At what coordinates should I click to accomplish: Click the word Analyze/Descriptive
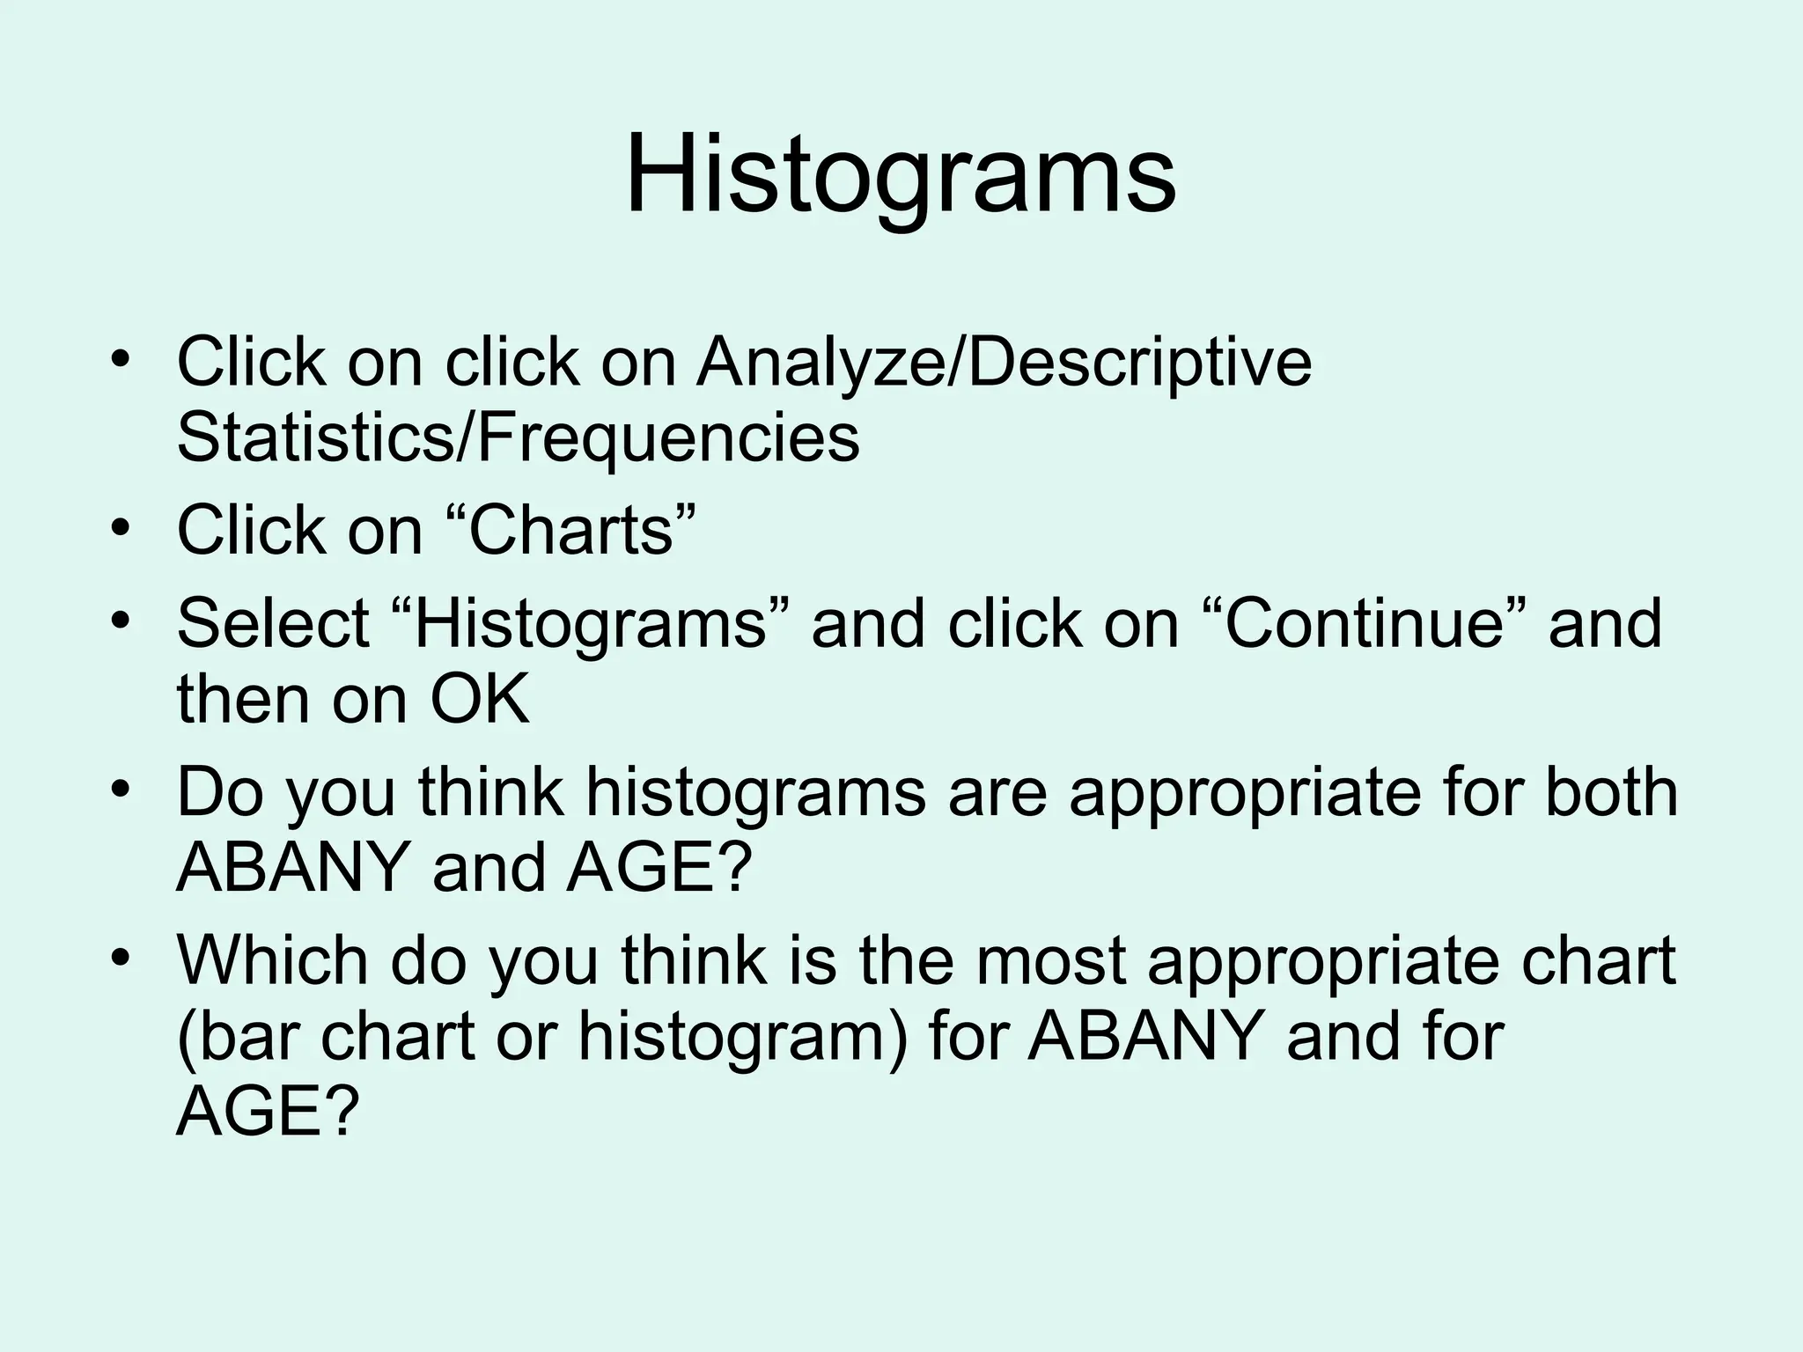tap(1004, 363)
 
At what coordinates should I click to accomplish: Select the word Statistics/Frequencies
tap(518, 438)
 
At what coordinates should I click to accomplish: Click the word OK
tap(480, 700)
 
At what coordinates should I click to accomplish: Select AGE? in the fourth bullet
tap(660, 868)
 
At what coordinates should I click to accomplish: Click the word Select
tap(273, 623)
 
